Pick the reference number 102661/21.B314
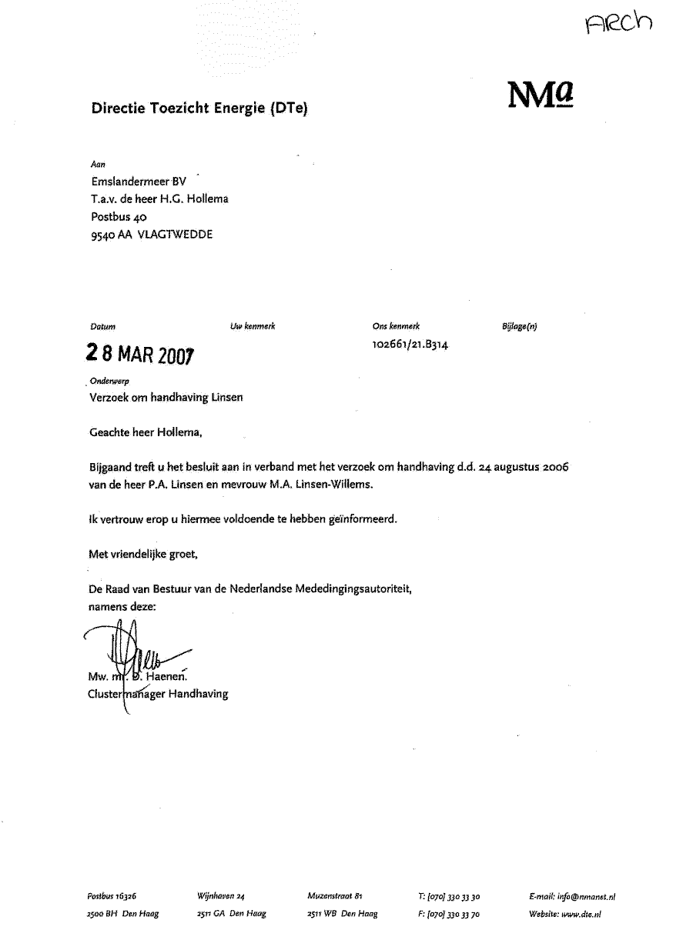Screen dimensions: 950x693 (410, 345)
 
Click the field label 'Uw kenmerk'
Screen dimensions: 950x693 (253, 326)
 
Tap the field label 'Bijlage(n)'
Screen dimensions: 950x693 (519, 326)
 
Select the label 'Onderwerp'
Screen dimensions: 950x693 (109, 382)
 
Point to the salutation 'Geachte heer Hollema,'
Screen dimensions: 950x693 (146, 432)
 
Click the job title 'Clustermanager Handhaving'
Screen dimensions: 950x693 (159, 694)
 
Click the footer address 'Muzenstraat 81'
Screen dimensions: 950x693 (334, 896)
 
